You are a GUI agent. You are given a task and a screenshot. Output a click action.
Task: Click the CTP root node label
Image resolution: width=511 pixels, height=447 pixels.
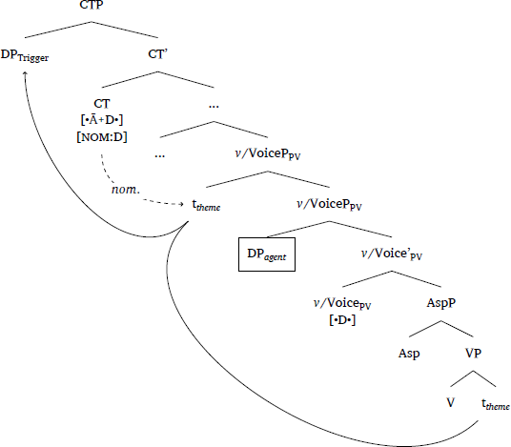pos(92,5)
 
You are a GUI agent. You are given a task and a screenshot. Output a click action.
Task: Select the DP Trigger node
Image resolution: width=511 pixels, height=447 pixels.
pos(25,55)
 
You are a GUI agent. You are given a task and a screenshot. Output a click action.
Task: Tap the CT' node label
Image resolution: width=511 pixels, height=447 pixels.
pos(157,53)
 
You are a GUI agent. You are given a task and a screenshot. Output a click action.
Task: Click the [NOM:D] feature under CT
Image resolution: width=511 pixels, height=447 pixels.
pos(102,137)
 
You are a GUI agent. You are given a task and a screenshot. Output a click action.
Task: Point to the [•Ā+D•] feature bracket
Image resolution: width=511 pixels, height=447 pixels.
pos(102,120)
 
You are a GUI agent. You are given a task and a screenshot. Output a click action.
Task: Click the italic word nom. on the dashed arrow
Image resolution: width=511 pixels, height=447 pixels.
pos(126,190)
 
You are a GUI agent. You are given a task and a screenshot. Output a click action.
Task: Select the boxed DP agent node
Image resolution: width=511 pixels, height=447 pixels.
pos(267,254)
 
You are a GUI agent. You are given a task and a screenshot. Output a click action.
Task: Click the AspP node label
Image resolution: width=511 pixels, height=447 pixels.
pos(441,303)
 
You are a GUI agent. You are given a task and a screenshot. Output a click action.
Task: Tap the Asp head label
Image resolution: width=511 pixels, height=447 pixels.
pos(409,354)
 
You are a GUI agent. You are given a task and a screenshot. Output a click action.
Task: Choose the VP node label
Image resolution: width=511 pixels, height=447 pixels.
pos(473,353)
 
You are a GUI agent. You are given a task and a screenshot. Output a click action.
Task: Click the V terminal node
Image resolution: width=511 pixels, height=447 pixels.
pos(450,403)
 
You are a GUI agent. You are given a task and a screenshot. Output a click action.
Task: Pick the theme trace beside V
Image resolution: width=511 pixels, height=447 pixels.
pos(496,404)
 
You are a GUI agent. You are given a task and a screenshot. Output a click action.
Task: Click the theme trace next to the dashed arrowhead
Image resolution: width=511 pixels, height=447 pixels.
pos(206,205)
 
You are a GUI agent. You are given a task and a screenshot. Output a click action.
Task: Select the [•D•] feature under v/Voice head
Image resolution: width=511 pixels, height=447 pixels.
pos(342,320)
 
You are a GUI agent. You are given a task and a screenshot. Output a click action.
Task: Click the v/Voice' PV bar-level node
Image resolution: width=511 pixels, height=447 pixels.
pos(392,254)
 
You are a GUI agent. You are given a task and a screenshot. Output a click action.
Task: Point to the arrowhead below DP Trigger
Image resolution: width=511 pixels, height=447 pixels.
pos(25,73)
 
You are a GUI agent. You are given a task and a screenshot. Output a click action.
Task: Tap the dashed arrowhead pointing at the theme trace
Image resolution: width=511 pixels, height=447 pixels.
pos(181,204)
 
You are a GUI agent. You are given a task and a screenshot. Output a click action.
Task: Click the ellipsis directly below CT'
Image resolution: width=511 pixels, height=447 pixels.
pos(214,106)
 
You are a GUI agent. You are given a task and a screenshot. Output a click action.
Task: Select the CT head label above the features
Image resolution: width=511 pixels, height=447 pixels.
pos(102,104)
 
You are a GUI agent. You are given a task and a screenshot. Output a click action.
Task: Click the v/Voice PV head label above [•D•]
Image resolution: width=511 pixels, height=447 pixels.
pos(342,303)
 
